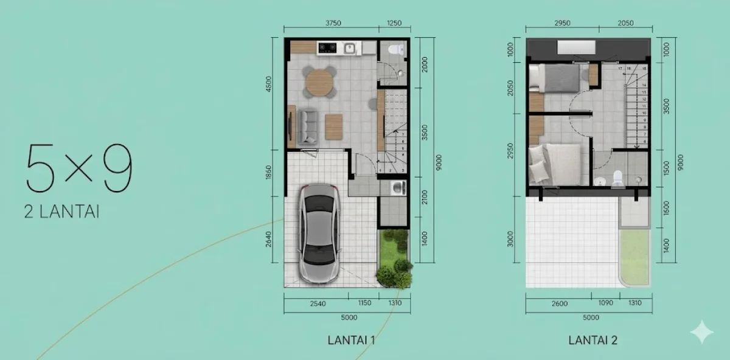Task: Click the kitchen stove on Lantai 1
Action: [327, 46]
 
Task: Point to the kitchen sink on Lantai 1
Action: [350, 47]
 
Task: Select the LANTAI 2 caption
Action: [593, 341]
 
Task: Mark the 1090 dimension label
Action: [606, 303]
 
